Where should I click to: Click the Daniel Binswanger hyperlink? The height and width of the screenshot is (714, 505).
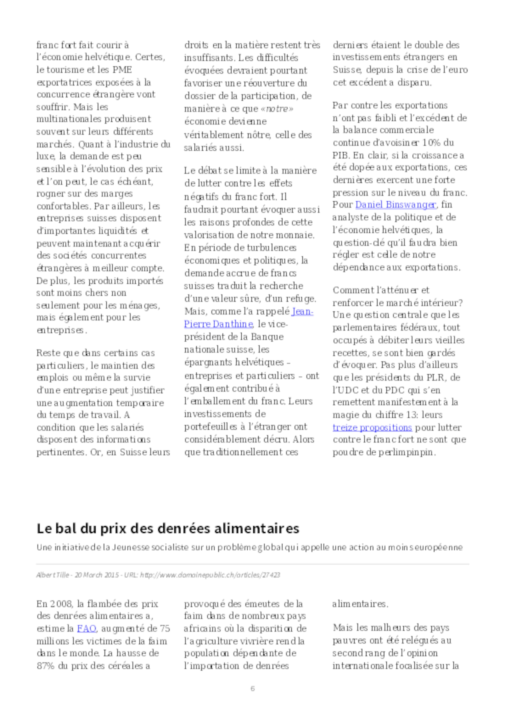(396, 205)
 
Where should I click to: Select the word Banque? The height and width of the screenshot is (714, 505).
(267, 337)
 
